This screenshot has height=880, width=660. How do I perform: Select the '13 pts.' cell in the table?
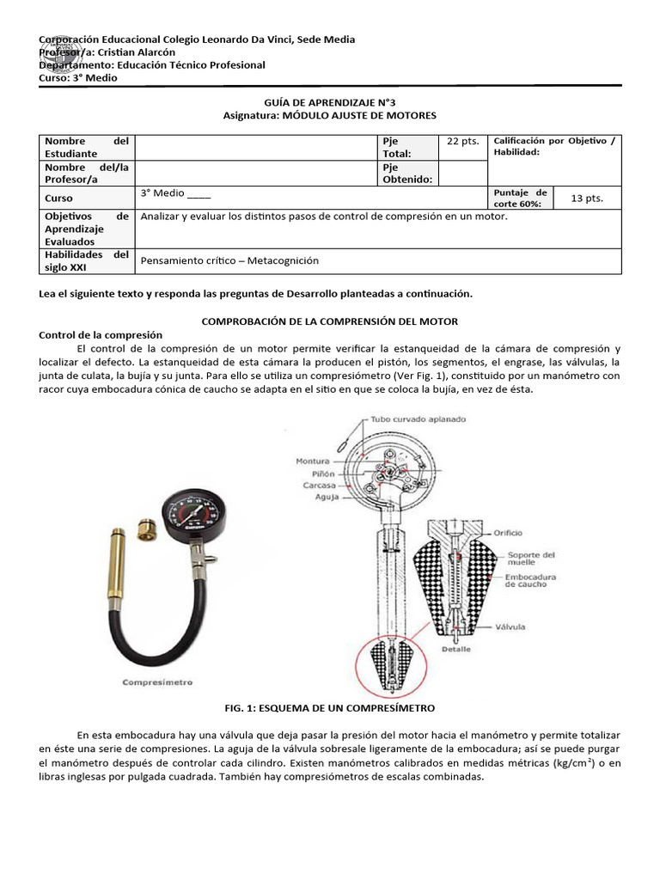click(587, 199)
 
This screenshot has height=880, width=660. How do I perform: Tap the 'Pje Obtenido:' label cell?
click(407, 173)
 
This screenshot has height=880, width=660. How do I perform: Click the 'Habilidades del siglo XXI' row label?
click(86, 260)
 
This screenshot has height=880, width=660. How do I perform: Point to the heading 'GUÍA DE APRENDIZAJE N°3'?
click(330, 101)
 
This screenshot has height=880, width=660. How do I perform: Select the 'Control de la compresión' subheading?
click(101, 334)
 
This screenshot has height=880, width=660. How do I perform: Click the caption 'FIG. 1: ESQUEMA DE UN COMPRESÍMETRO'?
click(329, 707)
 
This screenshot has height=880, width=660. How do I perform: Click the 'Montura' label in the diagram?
click(313, 461)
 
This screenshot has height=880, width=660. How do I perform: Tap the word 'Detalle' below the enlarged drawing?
click(456, 649)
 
